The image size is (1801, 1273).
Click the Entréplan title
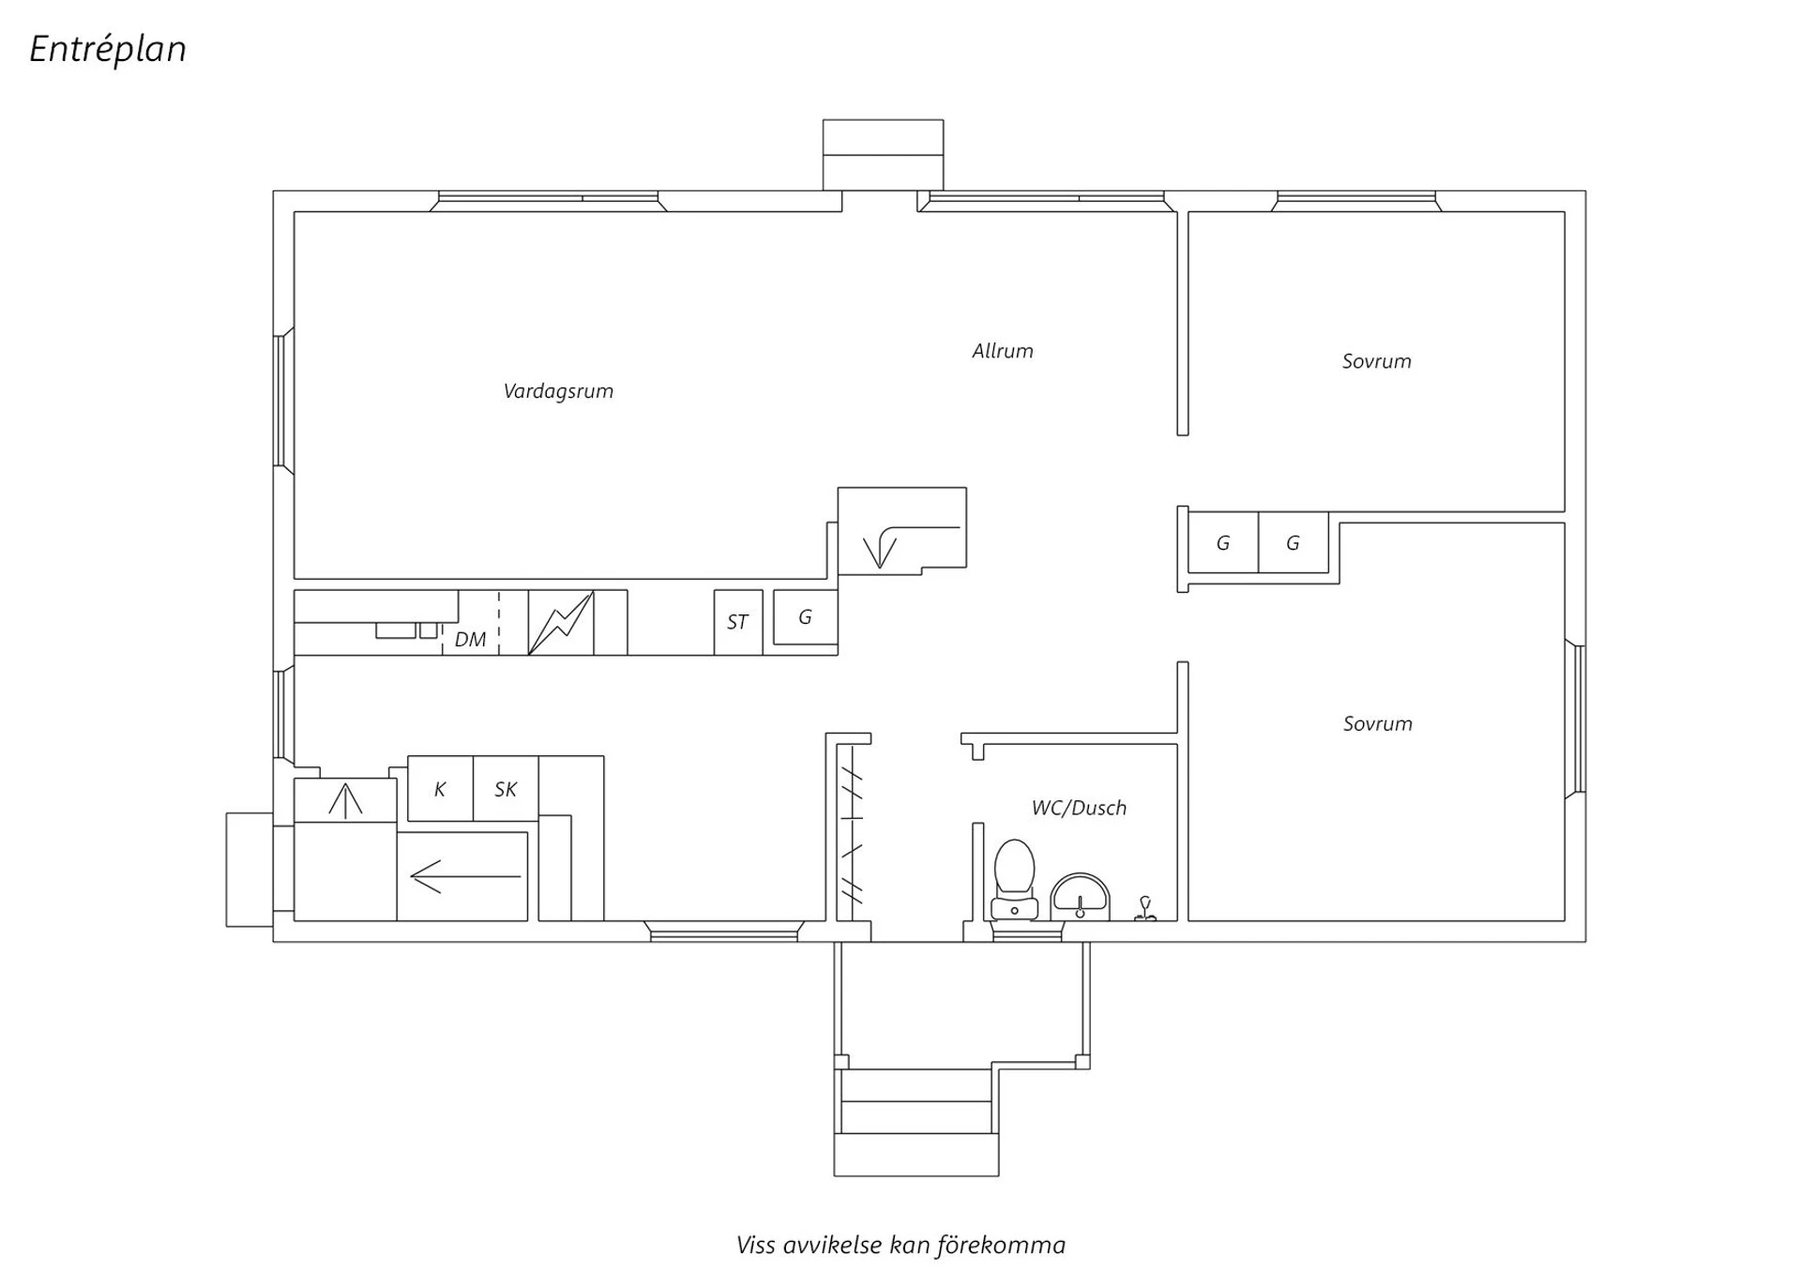[x=108, y=50]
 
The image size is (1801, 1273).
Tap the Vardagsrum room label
[x=558, y=391]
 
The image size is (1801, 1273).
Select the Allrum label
[x=1003, y=351]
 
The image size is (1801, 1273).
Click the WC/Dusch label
[x=1079, y=808]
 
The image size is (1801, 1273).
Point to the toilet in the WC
[x=1014, y=880]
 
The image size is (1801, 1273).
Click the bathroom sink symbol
[x=1080, y=897]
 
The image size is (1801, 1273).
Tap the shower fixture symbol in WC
[x=1145, y=909]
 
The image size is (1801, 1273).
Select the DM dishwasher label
[x=470, y=640]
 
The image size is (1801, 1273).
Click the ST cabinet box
[x=738, y=622]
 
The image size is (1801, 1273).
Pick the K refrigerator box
[x=440, y=789]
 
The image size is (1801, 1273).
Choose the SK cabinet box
[x=506, y=789]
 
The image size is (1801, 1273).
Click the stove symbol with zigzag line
[x=561, y=622]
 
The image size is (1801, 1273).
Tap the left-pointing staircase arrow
[x=465, y=877]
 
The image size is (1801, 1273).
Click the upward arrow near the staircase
[x=345, y=800]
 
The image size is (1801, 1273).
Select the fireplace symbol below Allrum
[x=901, y=531]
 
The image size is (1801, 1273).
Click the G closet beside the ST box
[x=805, y=617]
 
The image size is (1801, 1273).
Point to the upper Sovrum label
[x=1376, y=361]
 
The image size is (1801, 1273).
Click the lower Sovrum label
[x=1377, y=723]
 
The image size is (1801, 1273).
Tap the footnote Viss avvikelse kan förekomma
[x=900, y=1246]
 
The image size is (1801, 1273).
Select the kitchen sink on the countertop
[x=407, y=630]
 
